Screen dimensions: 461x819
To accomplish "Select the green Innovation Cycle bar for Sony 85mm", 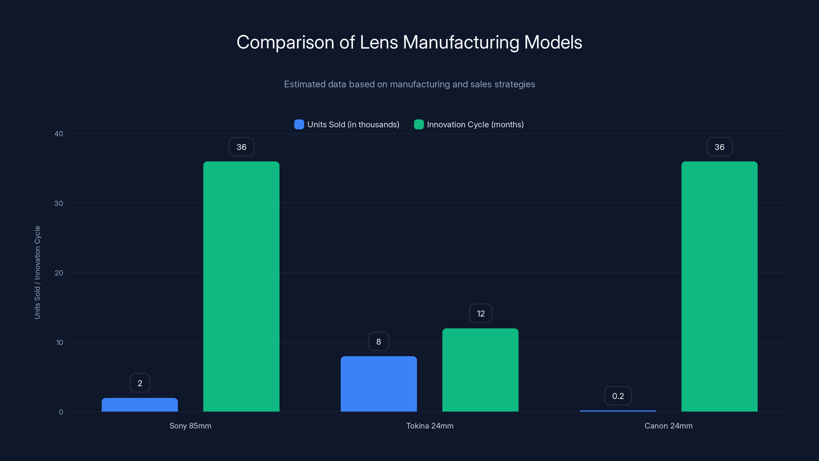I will pos(241,286).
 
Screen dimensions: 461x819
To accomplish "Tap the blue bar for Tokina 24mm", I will pos(379,384).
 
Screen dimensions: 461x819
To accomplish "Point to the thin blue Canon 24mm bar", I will pos(618,411).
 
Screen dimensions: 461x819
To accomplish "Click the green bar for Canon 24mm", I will pos(719,286).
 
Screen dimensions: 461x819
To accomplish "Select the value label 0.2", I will pos(618,396).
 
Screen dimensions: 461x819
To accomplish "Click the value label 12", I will pos(481,313).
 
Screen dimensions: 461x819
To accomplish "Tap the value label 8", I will pos(378,341).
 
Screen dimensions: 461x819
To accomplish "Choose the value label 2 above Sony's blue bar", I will pos(140,383).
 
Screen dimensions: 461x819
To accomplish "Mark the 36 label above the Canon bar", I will pos(719,147).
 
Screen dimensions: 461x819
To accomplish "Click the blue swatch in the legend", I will pos(299,124).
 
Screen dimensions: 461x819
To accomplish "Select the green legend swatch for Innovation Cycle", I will pos(419,124).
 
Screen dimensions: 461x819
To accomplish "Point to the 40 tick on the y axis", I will pos(59,134).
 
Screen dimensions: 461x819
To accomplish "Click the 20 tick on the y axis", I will pos(59,273).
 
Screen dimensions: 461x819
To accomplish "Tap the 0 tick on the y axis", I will pos(61,412).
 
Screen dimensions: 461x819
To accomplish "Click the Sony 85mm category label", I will pos(190,426).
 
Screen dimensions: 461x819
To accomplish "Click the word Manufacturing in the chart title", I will pos(461,42).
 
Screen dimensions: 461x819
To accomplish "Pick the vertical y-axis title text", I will pos(37,272).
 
